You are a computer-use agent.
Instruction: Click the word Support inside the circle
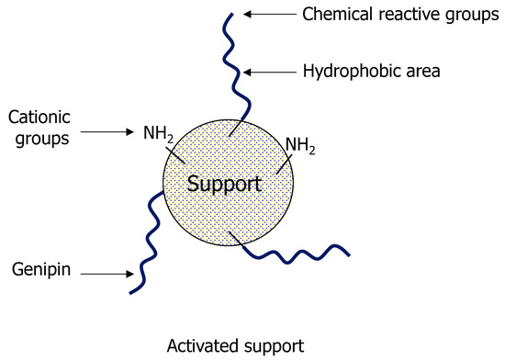click(x=225, y=184)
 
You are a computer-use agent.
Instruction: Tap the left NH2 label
click(x=158, y=134)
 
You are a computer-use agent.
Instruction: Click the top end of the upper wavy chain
click(x=234, y=13)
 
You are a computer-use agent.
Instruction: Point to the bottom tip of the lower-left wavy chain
click(x=131, y=292)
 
